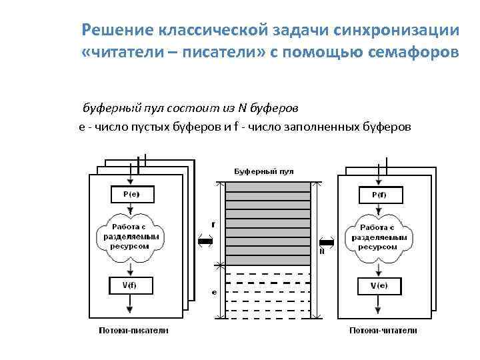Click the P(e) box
point(131,194)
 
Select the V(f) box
point(131,285)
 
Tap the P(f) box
point(378,195)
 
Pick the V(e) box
point(378,285)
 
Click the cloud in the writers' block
point(131,237)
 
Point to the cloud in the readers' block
point(378,238)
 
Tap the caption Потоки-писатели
point(133,330)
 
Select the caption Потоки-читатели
point(383,330)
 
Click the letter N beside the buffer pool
point(322,251)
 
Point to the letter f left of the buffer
point(213,224)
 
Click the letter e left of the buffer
point(213,291)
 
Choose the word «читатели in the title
point(117,53)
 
